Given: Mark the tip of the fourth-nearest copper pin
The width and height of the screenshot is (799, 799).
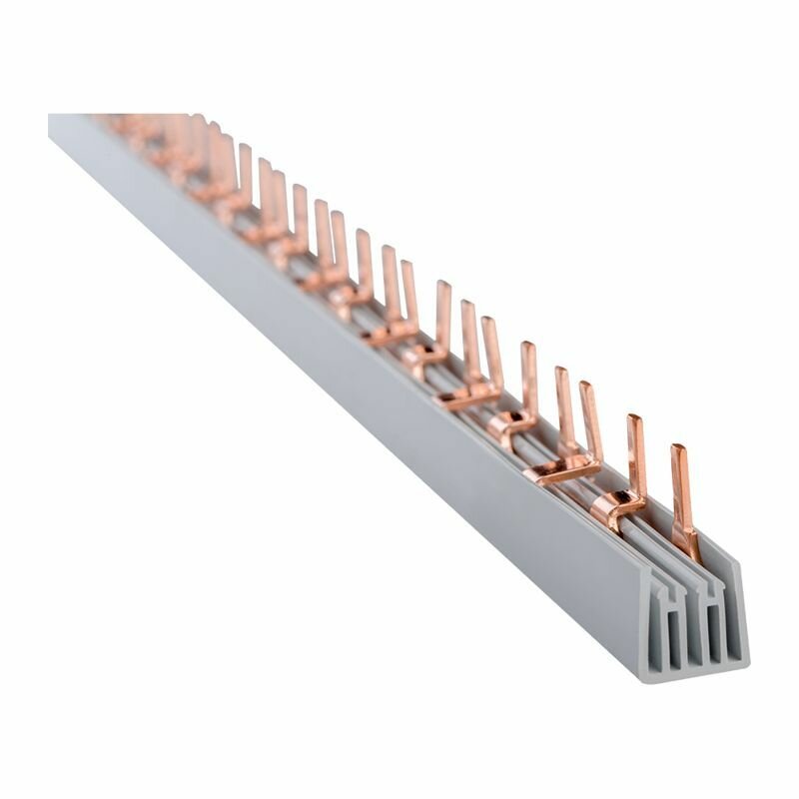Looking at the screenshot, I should click(562, 373).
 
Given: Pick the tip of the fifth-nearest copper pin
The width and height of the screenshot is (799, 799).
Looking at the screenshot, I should click(527, 348).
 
